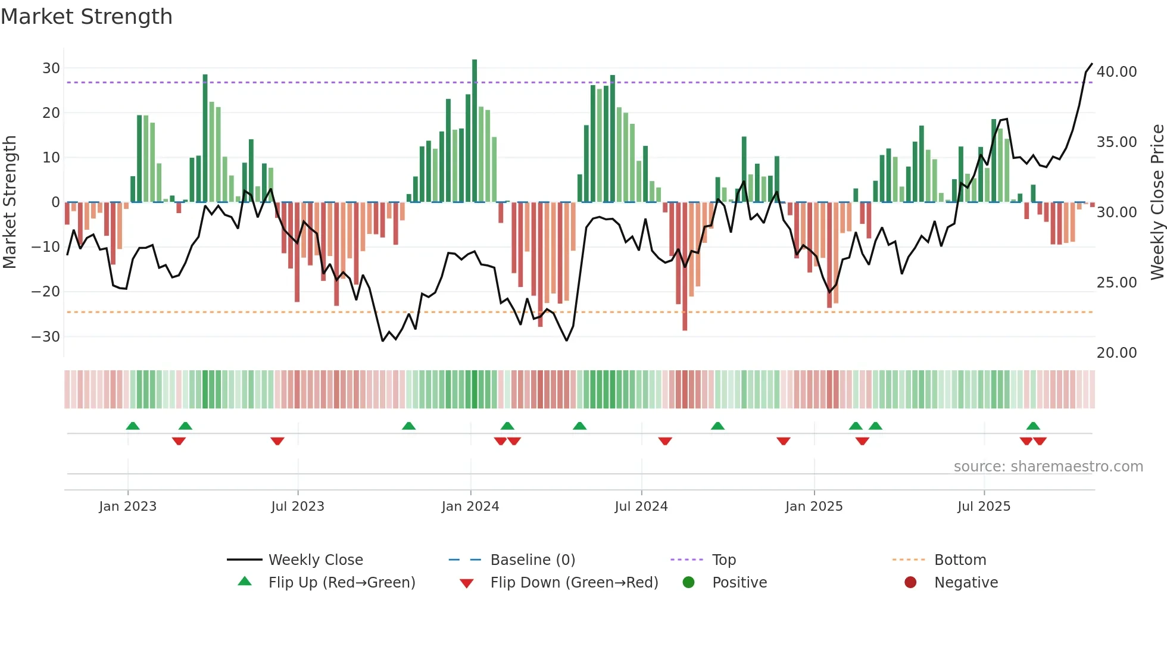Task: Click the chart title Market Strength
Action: pos(86,17)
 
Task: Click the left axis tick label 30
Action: pos(51,68)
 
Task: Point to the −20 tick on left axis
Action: pos(46,292)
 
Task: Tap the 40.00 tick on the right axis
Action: pos(1116,72)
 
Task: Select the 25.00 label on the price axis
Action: pos(1116,283)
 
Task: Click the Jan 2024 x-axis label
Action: pos(470,507)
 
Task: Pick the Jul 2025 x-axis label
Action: pos(984,507)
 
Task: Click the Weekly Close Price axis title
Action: pos(1157,202)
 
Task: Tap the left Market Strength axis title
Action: pos(10,202)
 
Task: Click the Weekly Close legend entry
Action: pos(316,560)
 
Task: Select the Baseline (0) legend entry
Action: pos(532,560)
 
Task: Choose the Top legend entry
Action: pos(724,560)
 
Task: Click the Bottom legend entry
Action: pos(960,560)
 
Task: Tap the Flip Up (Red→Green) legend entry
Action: pos(341,583)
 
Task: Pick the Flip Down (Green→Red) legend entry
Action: pos(574,583)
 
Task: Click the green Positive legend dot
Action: pos(689,583)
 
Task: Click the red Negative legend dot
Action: pos(910,583)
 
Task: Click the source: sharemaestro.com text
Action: pos(1048,467)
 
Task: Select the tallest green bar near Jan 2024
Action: pos(475,131)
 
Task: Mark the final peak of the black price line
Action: pos(1091,64)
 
